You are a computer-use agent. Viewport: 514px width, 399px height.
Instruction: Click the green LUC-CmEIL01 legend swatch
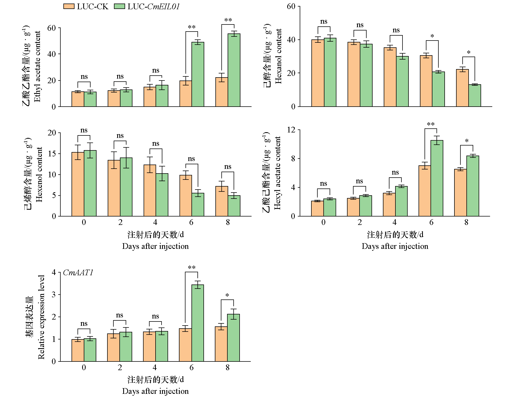pos(119,7)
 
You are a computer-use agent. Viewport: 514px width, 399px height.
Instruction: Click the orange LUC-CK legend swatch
pos(69,7)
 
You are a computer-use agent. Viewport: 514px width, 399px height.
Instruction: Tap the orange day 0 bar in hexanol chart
pos(318,73)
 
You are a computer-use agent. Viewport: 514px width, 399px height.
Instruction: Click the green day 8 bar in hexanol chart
pos(475,95)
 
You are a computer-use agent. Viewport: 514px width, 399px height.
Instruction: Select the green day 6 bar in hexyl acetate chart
pos(437,178)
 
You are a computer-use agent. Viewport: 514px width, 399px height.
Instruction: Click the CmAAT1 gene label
pos(78,273)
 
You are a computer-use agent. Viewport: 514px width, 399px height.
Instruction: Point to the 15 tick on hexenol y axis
pos(52,154)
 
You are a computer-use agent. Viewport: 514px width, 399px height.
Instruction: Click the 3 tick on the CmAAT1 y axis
pos(54,295)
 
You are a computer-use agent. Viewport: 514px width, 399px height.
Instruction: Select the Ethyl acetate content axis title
pos(37,67)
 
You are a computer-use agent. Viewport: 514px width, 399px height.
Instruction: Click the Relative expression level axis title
pos(41,317)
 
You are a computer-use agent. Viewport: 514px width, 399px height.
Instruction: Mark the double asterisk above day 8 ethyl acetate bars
pos(228,20)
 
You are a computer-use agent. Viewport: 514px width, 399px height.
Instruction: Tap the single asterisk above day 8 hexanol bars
pos(469,52)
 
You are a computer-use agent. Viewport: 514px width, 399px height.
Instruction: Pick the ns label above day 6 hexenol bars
pos(191,159)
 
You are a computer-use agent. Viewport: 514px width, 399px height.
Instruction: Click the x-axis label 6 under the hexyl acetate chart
pos(431,222)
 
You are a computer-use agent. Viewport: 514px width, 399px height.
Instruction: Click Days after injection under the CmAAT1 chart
pos(155,391)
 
